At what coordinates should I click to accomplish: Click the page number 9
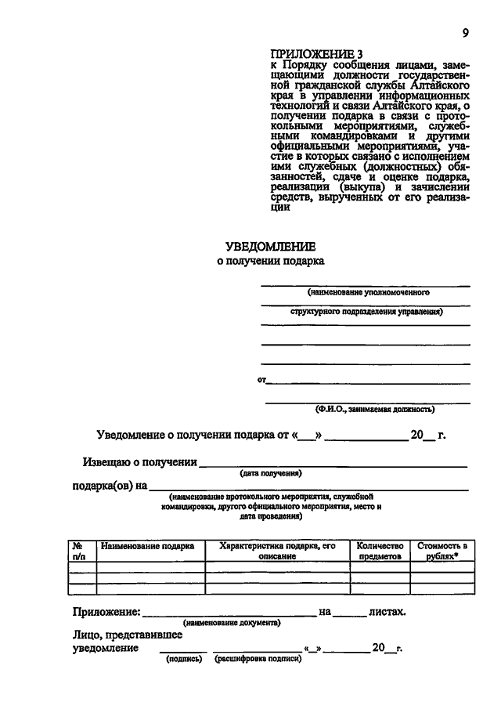pyautogui.click(x=465, y=32)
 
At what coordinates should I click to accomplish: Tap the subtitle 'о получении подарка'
pyautogui.click(x=270, y=261)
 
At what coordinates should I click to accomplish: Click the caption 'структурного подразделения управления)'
pyautogui.click(x=365, y=312)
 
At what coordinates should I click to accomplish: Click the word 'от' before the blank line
pyautogui.click(x=261, y=380)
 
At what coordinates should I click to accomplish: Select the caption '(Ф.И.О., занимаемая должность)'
pyautogui.click(x=374, y=408)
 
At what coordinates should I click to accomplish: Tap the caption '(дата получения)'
pyautogui.click(x=271, y=473)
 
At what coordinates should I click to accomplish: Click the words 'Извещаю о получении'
pyautogui.click(x=140, y=461)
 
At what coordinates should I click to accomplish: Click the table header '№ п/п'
pyautogui.click(x=78, y=551)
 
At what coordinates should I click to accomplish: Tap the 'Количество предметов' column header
pyautogui.click(x=379, y=551)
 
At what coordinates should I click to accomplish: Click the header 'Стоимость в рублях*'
pyautogui.click(x=442, y=551)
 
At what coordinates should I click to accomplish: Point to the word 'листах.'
pyautogui.click(x=387, y=611)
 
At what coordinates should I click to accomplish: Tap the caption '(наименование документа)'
pyautogui.click(x=232, y=623)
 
